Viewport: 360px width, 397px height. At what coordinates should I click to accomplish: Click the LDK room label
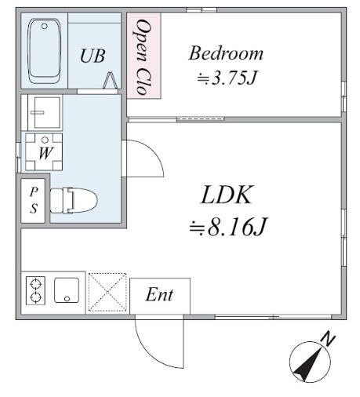tap(228, 195)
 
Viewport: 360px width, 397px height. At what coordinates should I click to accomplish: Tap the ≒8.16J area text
tap(229, 228)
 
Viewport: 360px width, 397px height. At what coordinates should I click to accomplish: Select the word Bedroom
tap(225, 54)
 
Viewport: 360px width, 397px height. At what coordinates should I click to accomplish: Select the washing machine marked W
tap(44, 152)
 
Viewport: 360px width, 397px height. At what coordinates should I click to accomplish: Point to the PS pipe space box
tap(34, 201)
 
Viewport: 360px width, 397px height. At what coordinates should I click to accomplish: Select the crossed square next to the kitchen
tap(106, 293)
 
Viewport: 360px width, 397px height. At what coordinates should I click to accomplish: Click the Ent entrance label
tap(158, 296)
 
